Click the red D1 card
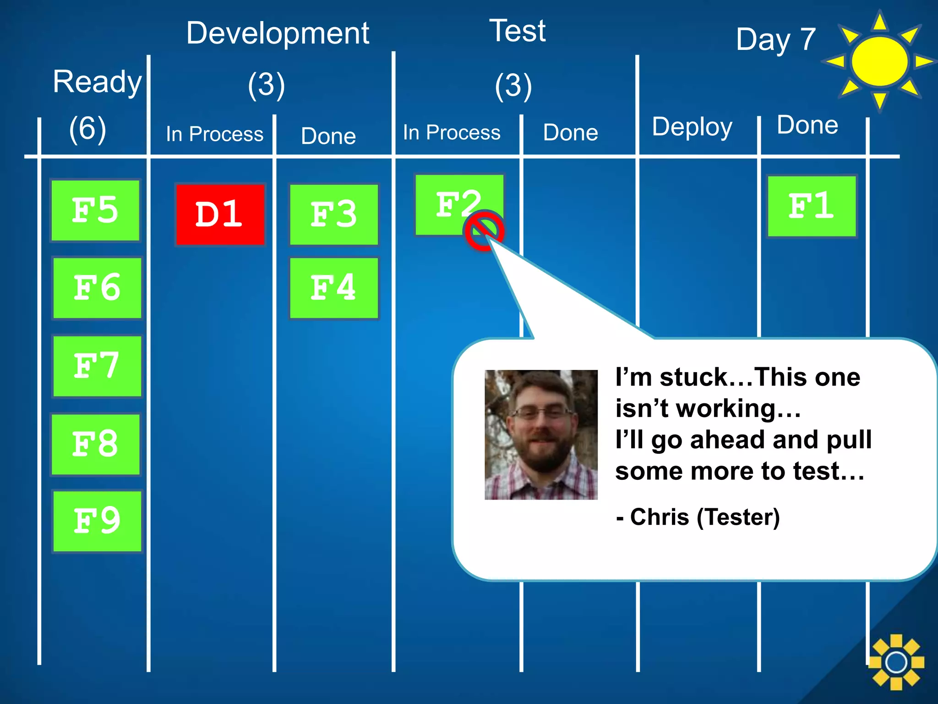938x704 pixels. (220, 214)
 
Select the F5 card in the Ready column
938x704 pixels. (95, 210)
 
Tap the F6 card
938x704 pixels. (97, 288)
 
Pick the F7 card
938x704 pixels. (97, 366)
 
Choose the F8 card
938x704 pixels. (95, 444)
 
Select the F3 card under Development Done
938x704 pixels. (334, 214)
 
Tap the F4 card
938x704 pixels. (334, 288)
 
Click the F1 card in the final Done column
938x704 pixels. (812, 206)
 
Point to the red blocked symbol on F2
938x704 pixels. (484, 231)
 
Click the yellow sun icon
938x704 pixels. (879, 61)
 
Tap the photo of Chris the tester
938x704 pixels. (541, 434)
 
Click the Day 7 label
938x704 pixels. (776, 39)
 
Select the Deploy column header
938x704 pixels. (692, 127)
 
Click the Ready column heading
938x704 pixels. (97, 82)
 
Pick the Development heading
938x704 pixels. (278, 33)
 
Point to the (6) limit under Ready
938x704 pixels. (87, 129)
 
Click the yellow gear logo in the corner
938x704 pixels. (896, 662)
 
